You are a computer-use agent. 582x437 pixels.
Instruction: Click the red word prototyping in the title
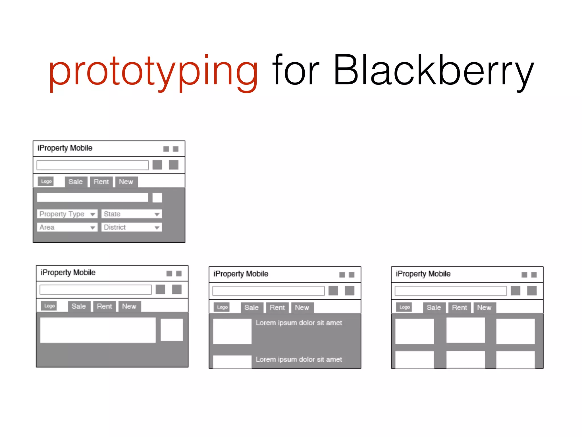153,71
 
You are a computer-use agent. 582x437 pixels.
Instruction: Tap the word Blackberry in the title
433,71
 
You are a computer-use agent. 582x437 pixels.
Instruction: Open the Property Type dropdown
67,214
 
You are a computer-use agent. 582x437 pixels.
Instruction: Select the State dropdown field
131,214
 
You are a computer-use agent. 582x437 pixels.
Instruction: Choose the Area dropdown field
67,227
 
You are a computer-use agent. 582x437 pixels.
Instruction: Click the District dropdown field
131,227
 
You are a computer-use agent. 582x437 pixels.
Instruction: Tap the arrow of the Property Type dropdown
93,215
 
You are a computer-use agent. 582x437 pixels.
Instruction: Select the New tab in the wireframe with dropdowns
126,182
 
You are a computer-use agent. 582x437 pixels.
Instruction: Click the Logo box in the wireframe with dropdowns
46,181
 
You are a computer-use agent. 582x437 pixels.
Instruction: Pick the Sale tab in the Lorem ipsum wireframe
251,308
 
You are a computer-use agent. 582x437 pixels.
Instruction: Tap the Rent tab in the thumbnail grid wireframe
459,308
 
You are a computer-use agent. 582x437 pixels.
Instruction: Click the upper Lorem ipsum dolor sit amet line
299,323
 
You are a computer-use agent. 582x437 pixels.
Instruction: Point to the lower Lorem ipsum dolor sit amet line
299,360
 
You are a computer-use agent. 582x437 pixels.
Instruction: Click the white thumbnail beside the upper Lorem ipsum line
232,331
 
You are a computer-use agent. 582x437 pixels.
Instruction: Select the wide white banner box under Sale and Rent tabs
98,330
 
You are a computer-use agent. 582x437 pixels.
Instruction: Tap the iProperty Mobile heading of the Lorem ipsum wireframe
241,274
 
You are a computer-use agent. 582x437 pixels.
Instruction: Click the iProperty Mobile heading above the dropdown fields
65,148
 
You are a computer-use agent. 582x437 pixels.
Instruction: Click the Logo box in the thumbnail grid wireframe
404,307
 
